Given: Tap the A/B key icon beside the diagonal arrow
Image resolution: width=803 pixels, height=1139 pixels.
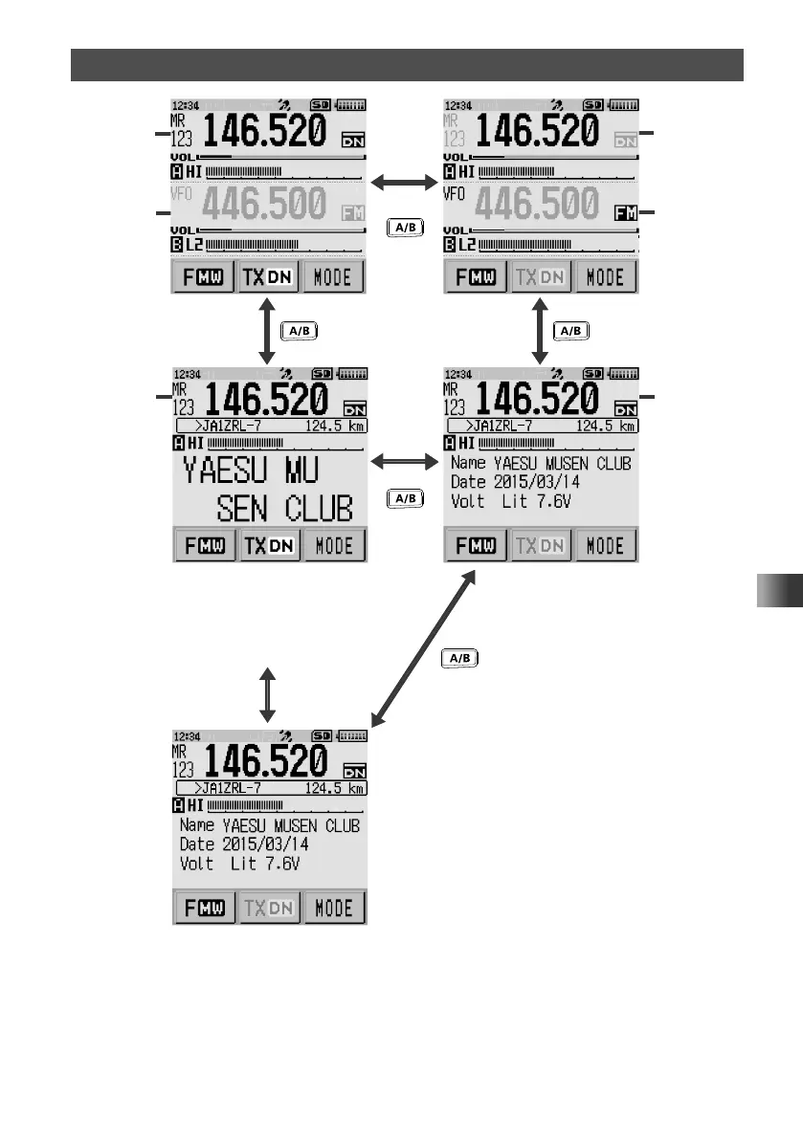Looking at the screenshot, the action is pos(461,658).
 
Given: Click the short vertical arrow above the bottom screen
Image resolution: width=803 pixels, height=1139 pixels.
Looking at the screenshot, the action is pos(268,695).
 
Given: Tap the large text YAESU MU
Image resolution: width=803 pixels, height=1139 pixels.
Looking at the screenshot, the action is pos(252,471).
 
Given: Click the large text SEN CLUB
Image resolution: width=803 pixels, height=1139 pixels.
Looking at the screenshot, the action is pos(284,509).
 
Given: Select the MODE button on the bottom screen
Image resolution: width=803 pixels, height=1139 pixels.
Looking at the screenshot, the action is pos(334,907).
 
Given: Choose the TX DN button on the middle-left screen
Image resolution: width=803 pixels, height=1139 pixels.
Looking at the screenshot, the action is pos(269,546).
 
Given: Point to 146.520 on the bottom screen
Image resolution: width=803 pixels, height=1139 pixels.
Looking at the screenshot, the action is pos(265,762).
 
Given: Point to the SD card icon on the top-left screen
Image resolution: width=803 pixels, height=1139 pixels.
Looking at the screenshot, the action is pos(321,103).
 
